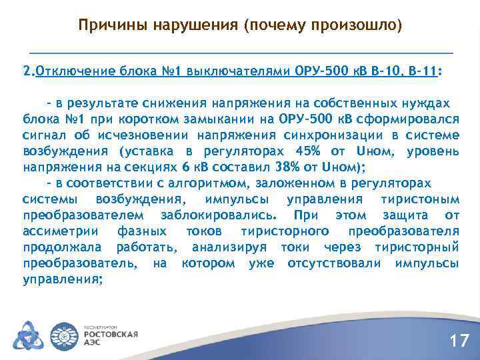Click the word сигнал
[x=42, y=135]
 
